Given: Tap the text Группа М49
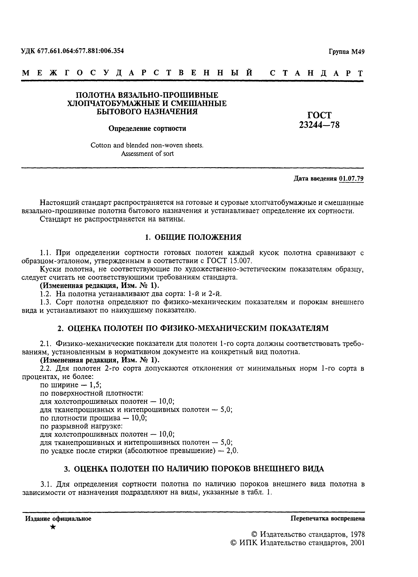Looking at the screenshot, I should pyautogui.click(x=346, y=52).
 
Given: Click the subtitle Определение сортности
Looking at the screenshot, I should pyautogui.click(x=147, y=128).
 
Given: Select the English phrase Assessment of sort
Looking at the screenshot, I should pyautogui.click(x=147, y=154).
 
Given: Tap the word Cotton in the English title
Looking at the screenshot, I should pyautogui.click(x=100, y=145).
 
